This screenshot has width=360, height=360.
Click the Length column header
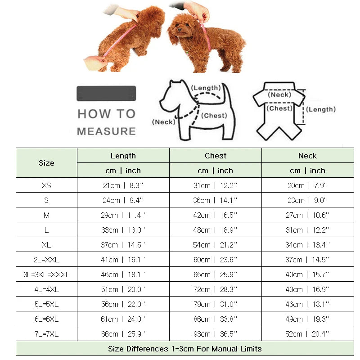point(123,156)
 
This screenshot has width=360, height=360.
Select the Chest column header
point(216,156)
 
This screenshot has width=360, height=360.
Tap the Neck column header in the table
point(307,156)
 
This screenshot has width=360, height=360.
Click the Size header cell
point(46,163)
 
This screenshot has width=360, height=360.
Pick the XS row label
point(46,185)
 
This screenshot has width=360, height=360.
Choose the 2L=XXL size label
point(46,260)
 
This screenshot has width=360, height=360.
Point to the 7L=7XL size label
point(46,334)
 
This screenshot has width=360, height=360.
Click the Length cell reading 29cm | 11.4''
point(123,215)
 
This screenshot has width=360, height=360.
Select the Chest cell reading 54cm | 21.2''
point(216,245)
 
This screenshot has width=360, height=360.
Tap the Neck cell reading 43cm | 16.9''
point(307,289)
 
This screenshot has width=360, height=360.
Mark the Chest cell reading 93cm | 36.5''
point(216,334)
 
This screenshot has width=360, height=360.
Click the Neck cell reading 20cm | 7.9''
point(307,185)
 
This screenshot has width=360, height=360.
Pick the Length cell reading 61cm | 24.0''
point(123,319)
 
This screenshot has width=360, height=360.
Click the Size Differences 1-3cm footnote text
point(184,349)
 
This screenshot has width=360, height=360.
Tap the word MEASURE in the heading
point(106,131)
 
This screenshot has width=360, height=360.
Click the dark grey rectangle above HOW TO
point(106,93)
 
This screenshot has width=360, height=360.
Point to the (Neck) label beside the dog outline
point(163,122)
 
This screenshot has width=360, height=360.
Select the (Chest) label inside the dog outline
point(214,116)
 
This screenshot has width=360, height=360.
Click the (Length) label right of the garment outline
point(321,109)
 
